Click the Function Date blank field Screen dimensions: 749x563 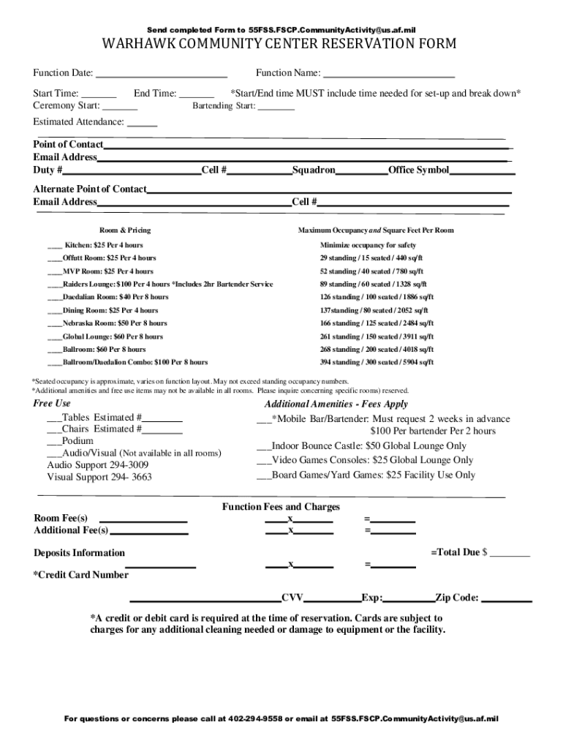pyautogui.click(x=162, y=74)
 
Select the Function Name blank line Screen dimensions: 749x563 pyautogui.click(x=388, y=74)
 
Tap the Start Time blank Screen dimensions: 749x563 pyautogui.click(x=99, y=94)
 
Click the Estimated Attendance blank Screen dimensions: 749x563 pyautogui.click(x=143, y=123)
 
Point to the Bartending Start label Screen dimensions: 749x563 pyautogui.click(x=223, y=106)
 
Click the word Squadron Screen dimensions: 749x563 pyautogui.click(x=314, y=170)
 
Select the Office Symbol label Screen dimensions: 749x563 pyautogui.click(x=418, y=170)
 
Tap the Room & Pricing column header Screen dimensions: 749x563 pyautogui.click(x=125, y=230)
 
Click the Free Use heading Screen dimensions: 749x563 pyautogui.click(x=52, y=404)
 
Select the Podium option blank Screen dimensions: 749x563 pyautogui.click(x=54, y=442)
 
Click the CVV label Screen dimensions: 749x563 pyautogui.click(x=292, y=598)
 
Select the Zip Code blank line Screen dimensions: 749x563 pyautogui.click(x=507, y=598)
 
